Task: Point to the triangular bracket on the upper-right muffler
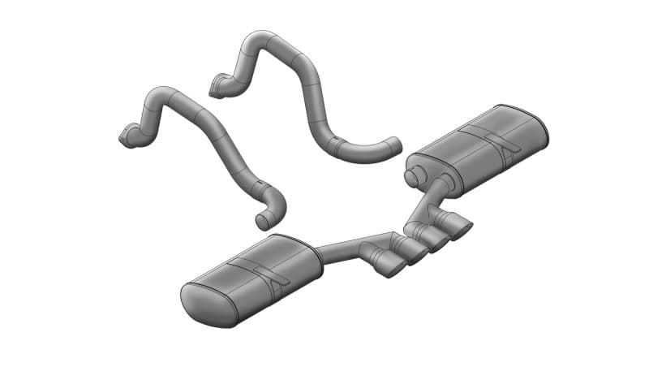point(507,146)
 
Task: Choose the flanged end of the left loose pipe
point(128,137)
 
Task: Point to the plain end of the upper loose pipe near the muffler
point(393,145)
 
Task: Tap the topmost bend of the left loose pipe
point(161,91)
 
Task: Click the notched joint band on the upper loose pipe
point(336,147)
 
